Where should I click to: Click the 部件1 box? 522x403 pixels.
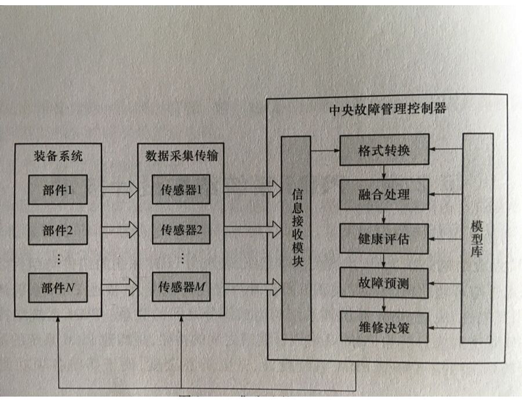[58, 189]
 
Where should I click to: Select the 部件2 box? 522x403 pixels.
[58, 231]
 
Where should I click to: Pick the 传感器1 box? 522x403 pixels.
[181, 189]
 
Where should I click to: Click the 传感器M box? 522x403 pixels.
[181, 286]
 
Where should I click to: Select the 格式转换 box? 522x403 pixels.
[384, 150]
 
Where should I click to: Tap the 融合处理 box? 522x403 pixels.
[384, 194]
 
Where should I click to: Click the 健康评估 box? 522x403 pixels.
[384, 238]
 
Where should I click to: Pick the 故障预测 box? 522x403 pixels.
[384, 283]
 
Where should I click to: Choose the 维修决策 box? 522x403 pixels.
[384, 328]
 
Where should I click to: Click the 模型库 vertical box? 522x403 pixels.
[477, 238]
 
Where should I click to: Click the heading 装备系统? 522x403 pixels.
[58, 157]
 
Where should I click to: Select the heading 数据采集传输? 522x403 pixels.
[181, 157]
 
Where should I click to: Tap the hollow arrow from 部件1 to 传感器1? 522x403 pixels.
[119, 189]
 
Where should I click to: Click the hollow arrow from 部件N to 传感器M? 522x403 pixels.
[119, 285]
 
